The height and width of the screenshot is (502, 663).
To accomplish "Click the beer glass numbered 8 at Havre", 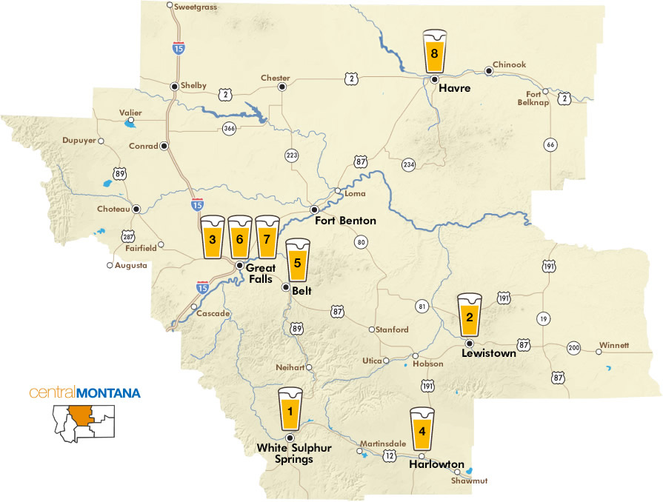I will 435,51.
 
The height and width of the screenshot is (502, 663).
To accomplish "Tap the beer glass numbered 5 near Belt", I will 297,259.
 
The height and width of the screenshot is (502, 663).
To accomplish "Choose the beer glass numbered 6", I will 239,237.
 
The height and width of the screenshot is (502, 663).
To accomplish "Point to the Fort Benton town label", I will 345,221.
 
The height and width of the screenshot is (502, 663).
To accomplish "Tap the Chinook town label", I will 509,64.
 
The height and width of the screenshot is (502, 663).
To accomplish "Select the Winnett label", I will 614,345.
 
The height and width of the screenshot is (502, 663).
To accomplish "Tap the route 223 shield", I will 291,155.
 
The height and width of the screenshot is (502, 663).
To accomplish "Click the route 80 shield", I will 361,241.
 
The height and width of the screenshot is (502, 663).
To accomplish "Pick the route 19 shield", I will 543,319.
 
